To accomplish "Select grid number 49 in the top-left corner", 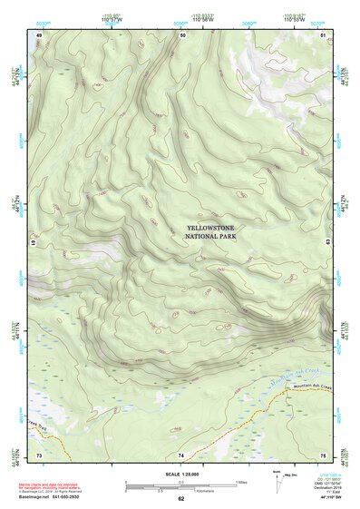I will [x=39, y=34].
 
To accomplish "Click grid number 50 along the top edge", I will [x=182, y=34].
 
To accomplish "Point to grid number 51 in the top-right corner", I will [x=324, y=34].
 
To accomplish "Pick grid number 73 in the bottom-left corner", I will [x=39, y=454].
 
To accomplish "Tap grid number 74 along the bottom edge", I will [x=180, y=454].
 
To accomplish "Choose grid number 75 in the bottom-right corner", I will [x=323, y=454].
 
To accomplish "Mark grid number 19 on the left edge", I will [x=34, y=243].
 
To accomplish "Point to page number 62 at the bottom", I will [x=180, y=499].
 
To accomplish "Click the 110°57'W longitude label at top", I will [x=113, y=19].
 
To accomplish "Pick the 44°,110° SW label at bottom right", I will [x=324, y=498].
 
